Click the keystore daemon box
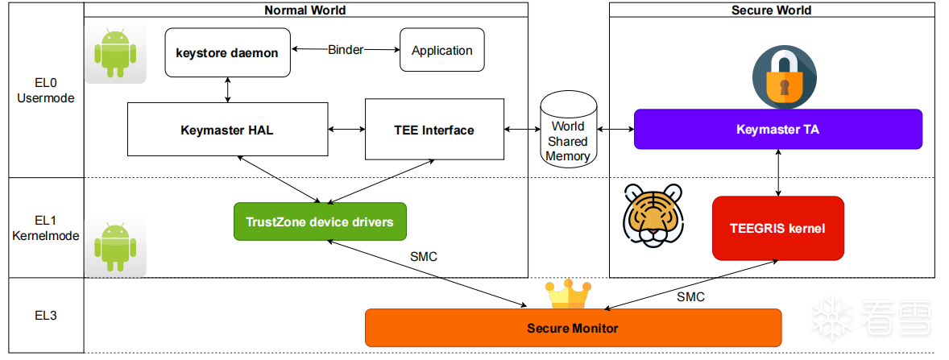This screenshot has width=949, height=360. (x=227, y=52)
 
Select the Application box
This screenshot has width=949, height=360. (x=442, y=50)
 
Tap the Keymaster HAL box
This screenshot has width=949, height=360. (x=227, y=129)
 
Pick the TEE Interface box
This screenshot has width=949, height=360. (x=434, y=129)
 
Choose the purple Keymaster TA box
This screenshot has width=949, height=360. (x=777, y=129)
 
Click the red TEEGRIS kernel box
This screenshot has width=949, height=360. (x=778, y=228)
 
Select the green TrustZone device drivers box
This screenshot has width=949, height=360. (x=320, y=221)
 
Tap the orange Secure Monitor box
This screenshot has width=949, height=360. (x=573, y=328)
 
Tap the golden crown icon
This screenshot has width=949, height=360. (x=568, y=294)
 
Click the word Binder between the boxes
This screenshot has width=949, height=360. (x=346, y=50)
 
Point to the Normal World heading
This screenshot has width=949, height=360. (x=305, y=10)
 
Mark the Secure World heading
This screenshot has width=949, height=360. (x=771, y=10)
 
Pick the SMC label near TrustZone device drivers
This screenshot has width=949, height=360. (x=424, y=257)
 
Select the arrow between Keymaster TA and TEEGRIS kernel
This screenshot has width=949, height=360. (x=778, y=172)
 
